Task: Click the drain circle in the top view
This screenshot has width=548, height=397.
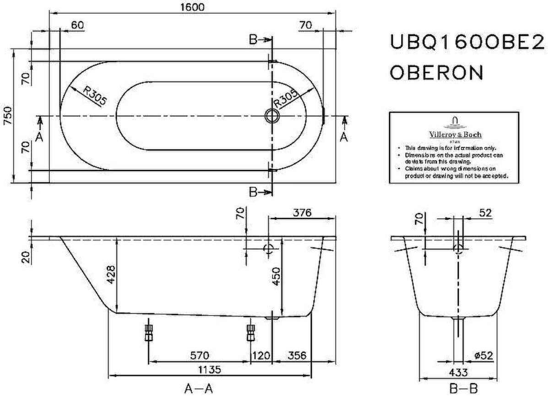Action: point(271,116)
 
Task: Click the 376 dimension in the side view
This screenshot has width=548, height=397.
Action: point(302,213)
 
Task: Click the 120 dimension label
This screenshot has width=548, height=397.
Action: point(261,355)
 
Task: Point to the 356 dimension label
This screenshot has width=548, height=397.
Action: point(297,355)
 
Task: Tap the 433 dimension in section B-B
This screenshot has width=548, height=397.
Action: point(459,372)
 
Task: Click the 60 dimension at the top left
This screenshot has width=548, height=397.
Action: point(77,26)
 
